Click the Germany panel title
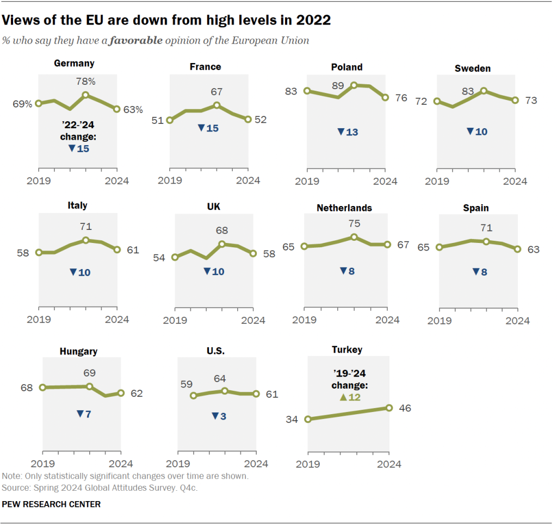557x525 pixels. (x=74, y=63)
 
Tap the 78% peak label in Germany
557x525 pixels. (x=86, y=82)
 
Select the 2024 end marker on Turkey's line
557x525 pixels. (x=389, y=408)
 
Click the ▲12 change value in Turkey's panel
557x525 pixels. (x=350, y=397)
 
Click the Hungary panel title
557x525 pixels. (x=78, y=351)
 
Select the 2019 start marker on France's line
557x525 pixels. (x=170, y=120)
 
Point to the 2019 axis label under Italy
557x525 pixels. (x=38, y=319)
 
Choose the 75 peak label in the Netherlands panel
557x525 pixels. (x=354, y=223)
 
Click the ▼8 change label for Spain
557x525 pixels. (x=479, y=272)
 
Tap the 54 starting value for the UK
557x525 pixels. (x=159, y=258)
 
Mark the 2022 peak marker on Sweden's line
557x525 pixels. (x=484, y=91)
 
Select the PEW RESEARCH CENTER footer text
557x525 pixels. (x=51, y=504)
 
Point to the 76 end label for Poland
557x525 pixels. (x=401, y=98)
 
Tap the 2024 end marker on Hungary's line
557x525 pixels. (x=121, y=393)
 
